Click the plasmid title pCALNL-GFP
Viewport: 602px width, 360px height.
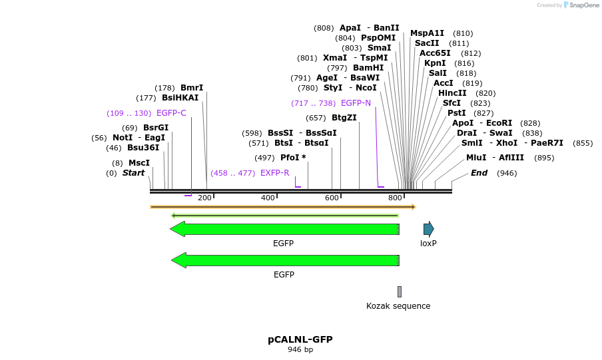click(x=300, y=339)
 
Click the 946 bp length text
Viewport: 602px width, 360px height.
click(x=300, y=350)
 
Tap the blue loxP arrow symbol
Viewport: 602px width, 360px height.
click(x=428, y=229)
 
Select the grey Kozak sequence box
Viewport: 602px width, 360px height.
click(x=400, y=291)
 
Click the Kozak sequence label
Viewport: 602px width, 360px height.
click(x=398, y=306)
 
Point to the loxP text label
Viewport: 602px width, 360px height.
click(x=428, y=244)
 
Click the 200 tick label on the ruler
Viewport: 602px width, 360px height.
click(x=204, y=198)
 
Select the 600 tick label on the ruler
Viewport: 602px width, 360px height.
click(x=332, y=198)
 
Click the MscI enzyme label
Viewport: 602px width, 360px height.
click(x=139, y=163)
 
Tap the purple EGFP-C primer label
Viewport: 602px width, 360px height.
click(x=171, y=113)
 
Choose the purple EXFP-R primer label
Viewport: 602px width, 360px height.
click(x=275, y=173)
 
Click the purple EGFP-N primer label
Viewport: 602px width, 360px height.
click(x=356, y=103)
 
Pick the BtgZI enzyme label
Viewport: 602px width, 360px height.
click(x=344, y=118)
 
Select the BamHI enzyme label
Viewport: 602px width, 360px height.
click(x=368, y=68)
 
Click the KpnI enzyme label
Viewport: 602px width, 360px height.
click(x=435, y=63)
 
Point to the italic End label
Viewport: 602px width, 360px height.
click(x=479, y=173)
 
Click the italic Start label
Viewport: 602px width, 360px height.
click(x=133, y=173)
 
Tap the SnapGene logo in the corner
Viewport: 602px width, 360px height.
click(x=581, y=5)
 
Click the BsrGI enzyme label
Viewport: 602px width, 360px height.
click(x=156, y=128)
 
